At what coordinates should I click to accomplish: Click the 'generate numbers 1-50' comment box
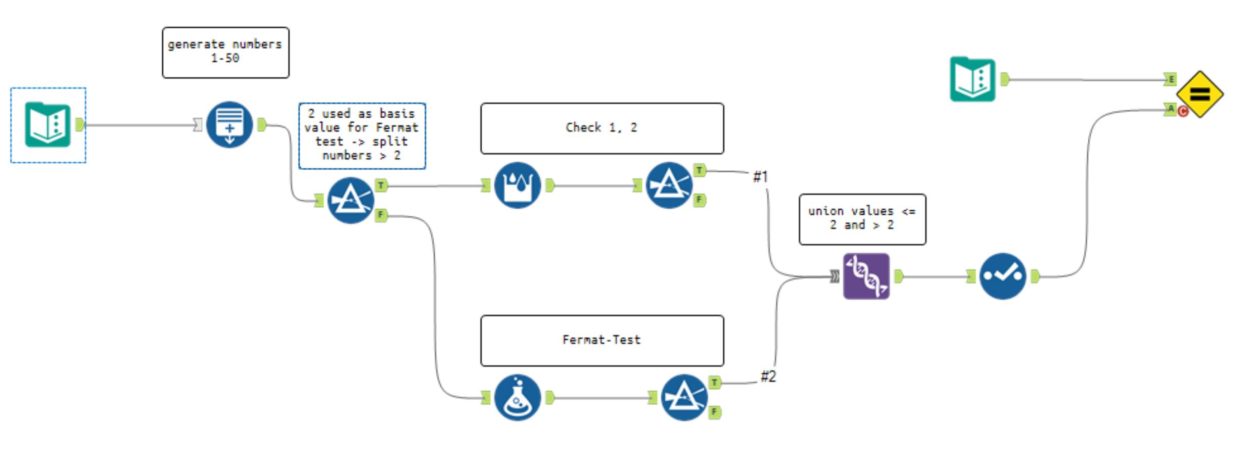pos(225,53)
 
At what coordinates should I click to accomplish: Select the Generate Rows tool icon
pos(229,125)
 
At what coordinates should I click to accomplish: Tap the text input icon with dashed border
pos(48,125)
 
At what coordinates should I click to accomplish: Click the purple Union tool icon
pos(866,276)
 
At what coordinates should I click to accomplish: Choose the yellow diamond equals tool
pos(1199,94)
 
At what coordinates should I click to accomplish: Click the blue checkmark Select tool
pos(1002,276)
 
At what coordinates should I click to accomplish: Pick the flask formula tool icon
pos(517,398)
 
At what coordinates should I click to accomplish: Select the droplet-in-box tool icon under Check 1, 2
pos(517,185)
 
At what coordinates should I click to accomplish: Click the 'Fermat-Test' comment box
pos(602,340)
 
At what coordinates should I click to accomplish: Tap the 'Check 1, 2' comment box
pos(602,128)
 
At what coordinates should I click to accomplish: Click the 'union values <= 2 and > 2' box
pos(862,219)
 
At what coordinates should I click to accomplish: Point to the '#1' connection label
pos(760,177)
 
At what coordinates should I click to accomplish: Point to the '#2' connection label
pos(768,376)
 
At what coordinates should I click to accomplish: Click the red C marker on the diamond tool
pos(1183,111)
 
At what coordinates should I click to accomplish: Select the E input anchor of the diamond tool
pos(1171,79)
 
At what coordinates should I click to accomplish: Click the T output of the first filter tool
pos(381,185)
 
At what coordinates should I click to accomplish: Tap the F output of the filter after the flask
pos(714,412)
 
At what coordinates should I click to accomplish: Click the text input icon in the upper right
pos(973,79)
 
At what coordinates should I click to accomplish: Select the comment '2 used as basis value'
pos(362,135)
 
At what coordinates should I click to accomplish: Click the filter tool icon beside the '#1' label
pos(669,185)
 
